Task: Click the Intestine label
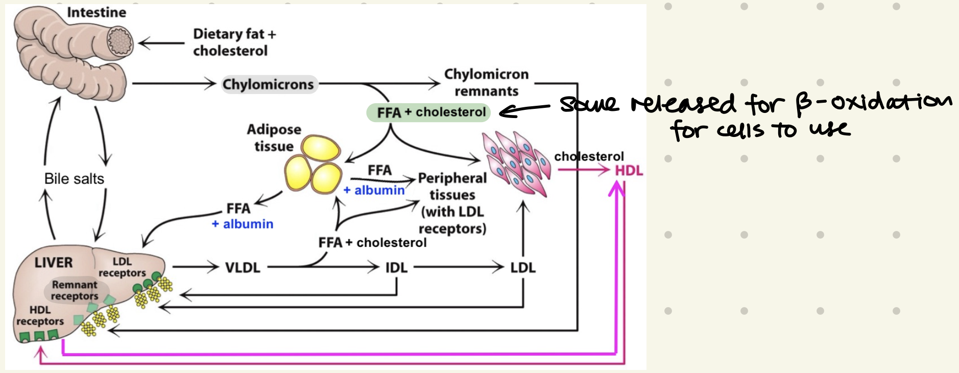[x=96, y=12]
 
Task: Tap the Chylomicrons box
[x=269, y=84]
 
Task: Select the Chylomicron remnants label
[x=486, y=82]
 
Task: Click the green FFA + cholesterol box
[x=428, y=112]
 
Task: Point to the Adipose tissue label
[x=274, y=137]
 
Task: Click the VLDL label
[x=243, y=267]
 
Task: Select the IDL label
[x=396, y=267]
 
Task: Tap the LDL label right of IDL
[x=522, y=267]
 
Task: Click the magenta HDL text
[x=629, y=171]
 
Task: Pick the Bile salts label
[x=74, y=179]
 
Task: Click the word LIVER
[x=54, y=263]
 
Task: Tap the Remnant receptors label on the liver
[x=75, y=290]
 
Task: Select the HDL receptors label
[x=40, y=316]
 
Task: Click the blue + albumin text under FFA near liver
[x=243, y=224]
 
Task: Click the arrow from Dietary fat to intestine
[x=161, y=43]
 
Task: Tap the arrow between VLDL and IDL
[x=352, y=266]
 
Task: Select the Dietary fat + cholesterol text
[x=233, y=42]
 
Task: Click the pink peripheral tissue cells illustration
[x=516, y=164]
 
